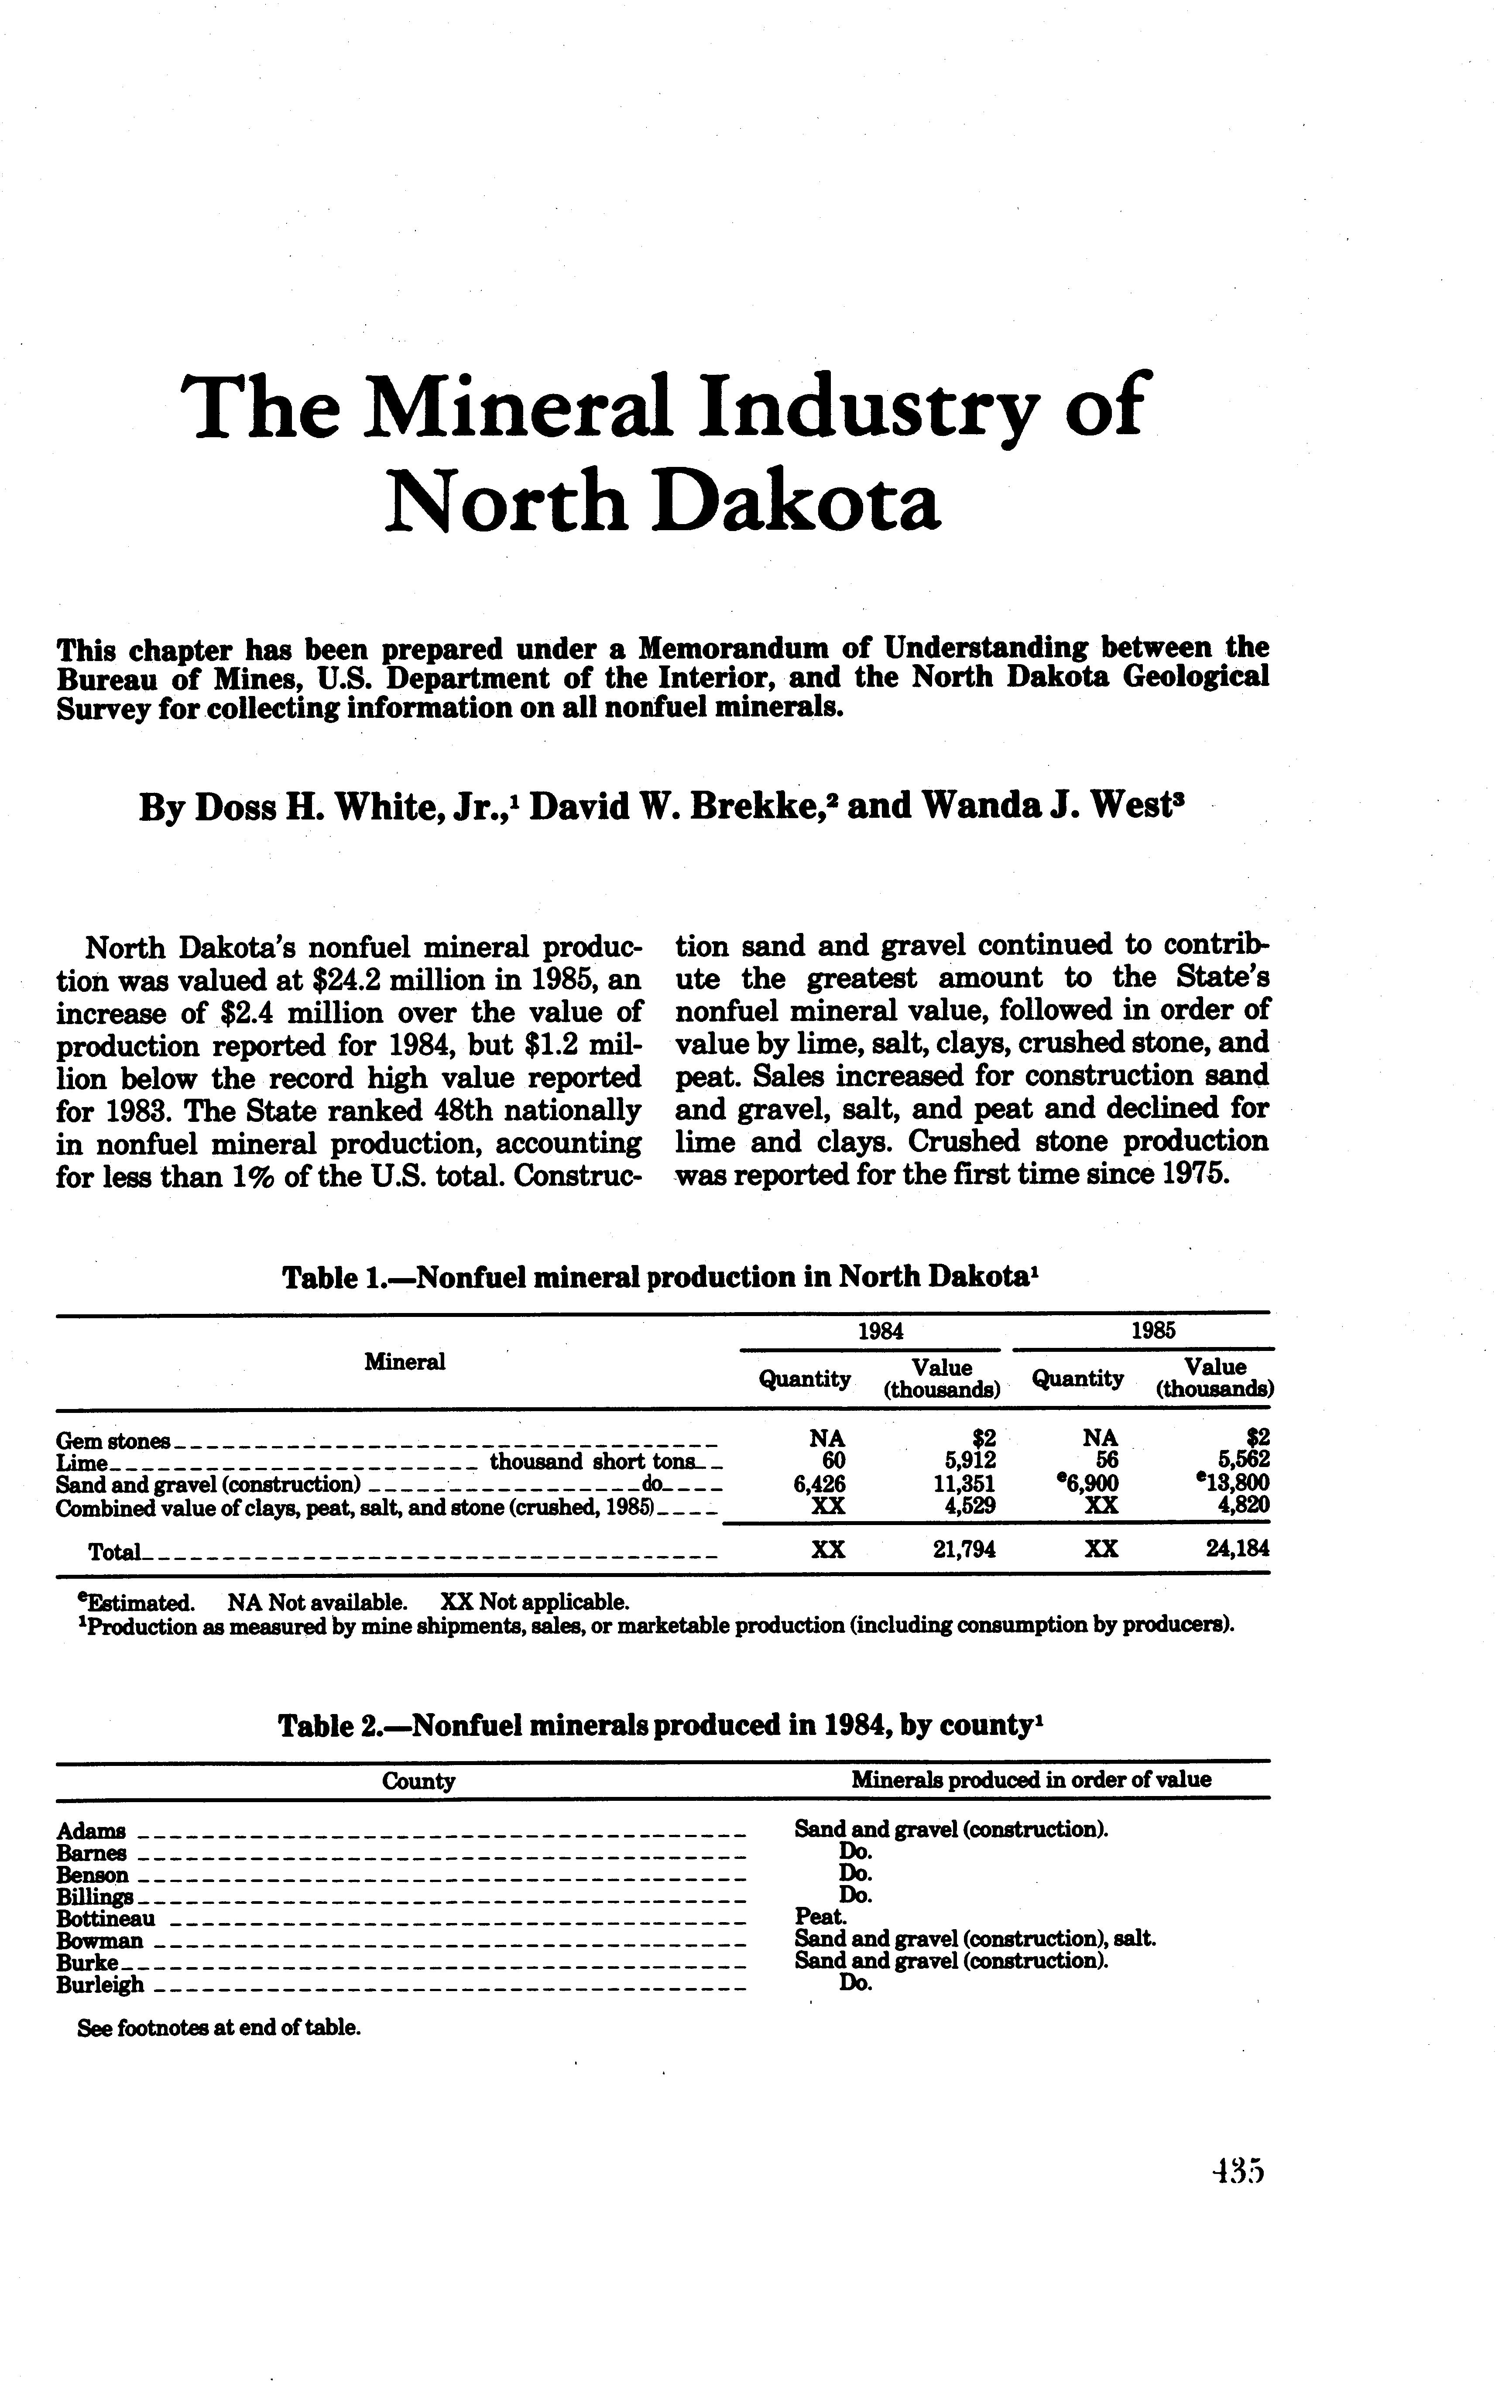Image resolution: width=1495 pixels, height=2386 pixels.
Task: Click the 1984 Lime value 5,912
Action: click(x=969, y=1460)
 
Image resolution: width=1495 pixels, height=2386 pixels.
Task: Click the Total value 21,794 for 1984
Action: click(x=964, y=1550)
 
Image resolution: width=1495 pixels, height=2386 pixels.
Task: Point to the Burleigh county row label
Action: click(x=100, y=1985)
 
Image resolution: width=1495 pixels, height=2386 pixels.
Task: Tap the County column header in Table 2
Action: click(x=418, y=1782)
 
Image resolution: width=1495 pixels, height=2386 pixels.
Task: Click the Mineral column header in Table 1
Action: click(x=405, y=1361)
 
